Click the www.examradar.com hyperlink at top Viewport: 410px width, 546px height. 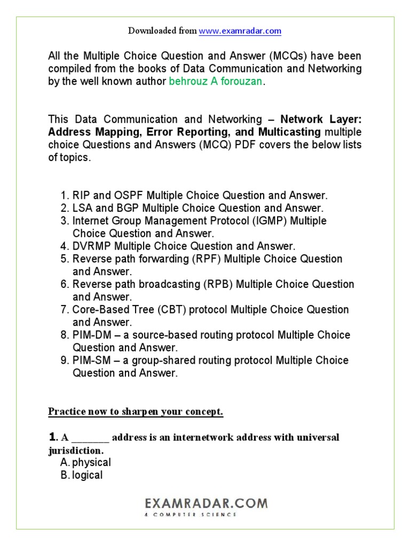coord(240,31)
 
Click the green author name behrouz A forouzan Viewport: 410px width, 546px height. coord(216,82)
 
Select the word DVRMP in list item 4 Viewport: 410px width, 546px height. coord(92,246)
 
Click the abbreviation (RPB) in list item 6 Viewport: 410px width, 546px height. coord(218,284)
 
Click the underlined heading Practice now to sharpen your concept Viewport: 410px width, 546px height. coord(136,412)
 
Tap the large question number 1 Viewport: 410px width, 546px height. coord(52,437)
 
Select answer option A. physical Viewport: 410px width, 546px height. coord(85,462)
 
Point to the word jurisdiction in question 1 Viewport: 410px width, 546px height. coord(75,451)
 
